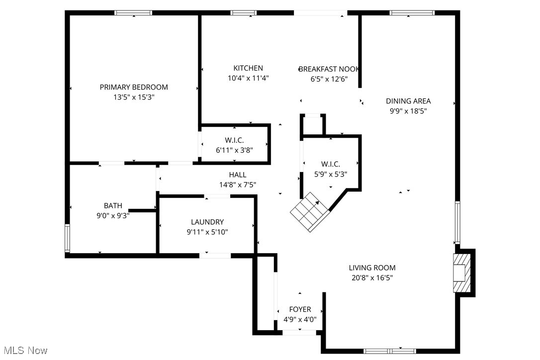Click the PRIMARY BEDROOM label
[x=134, y=87]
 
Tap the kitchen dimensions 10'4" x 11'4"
[x=248, y=78]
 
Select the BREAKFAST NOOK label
[x=329, y=69]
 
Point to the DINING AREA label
[x=408, y=101]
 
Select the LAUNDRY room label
[x=207, y=222]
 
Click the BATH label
[x=113, y=205]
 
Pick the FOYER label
[x=300, y=309]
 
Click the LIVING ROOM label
[x=372, y=268]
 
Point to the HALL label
[x=238, y=175]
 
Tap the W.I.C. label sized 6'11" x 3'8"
[x=234, y=140]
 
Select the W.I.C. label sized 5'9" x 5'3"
[x=331, y=164]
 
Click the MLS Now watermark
[x=24, y=351]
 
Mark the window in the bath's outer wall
[x=68, y=238]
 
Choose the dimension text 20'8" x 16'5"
[x=372, y=278]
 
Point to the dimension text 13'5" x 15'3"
[x=134, y=97]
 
